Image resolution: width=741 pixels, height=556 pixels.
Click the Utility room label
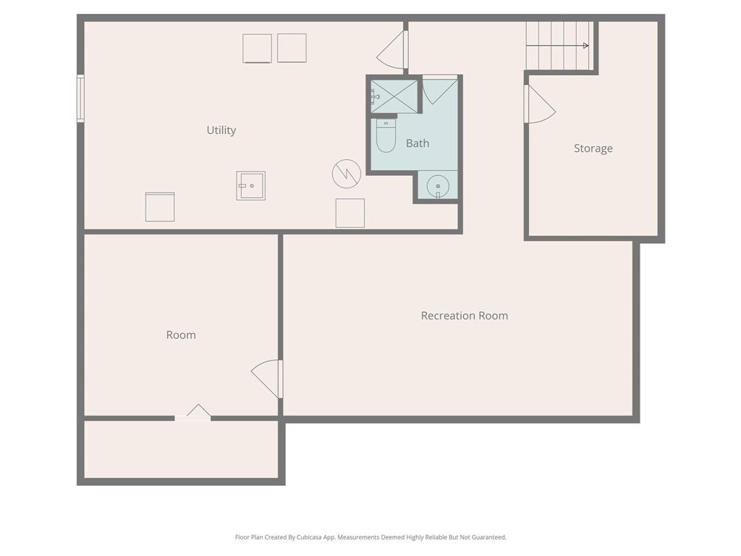[221, 130]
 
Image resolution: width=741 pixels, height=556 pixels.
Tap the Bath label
[418, 143]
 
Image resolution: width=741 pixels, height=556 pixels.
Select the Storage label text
[593, 148]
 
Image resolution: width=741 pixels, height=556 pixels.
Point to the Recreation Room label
[465, 316]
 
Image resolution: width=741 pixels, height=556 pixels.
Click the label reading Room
[181, 335]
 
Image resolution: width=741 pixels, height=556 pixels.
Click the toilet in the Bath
[386, 135]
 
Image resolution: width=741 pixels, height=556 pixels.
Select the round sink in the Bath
[438, 186]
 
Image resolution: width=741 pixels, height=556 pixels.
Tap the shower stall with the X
[394, 96]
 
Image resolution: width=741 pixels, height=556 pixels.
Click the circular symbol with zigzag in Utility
[347, 174]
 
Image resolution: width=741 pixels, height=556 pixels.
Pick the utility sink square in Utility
[251, 186]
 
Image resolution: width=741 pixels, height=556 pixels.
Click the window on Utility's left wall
[81, 98]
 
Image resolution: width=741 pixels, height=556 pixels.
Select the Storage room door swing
[540, 104]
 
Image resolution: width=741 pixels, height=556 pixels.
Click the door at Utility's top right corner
[392, 50]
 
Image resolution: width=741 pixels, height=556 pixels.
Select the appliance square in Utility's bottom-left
[160, 206]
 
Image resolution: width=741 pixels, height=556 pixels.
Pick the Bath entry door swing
[440, 90]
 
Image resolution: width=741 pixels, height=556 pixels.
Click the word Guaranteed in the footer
[489, 537]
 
